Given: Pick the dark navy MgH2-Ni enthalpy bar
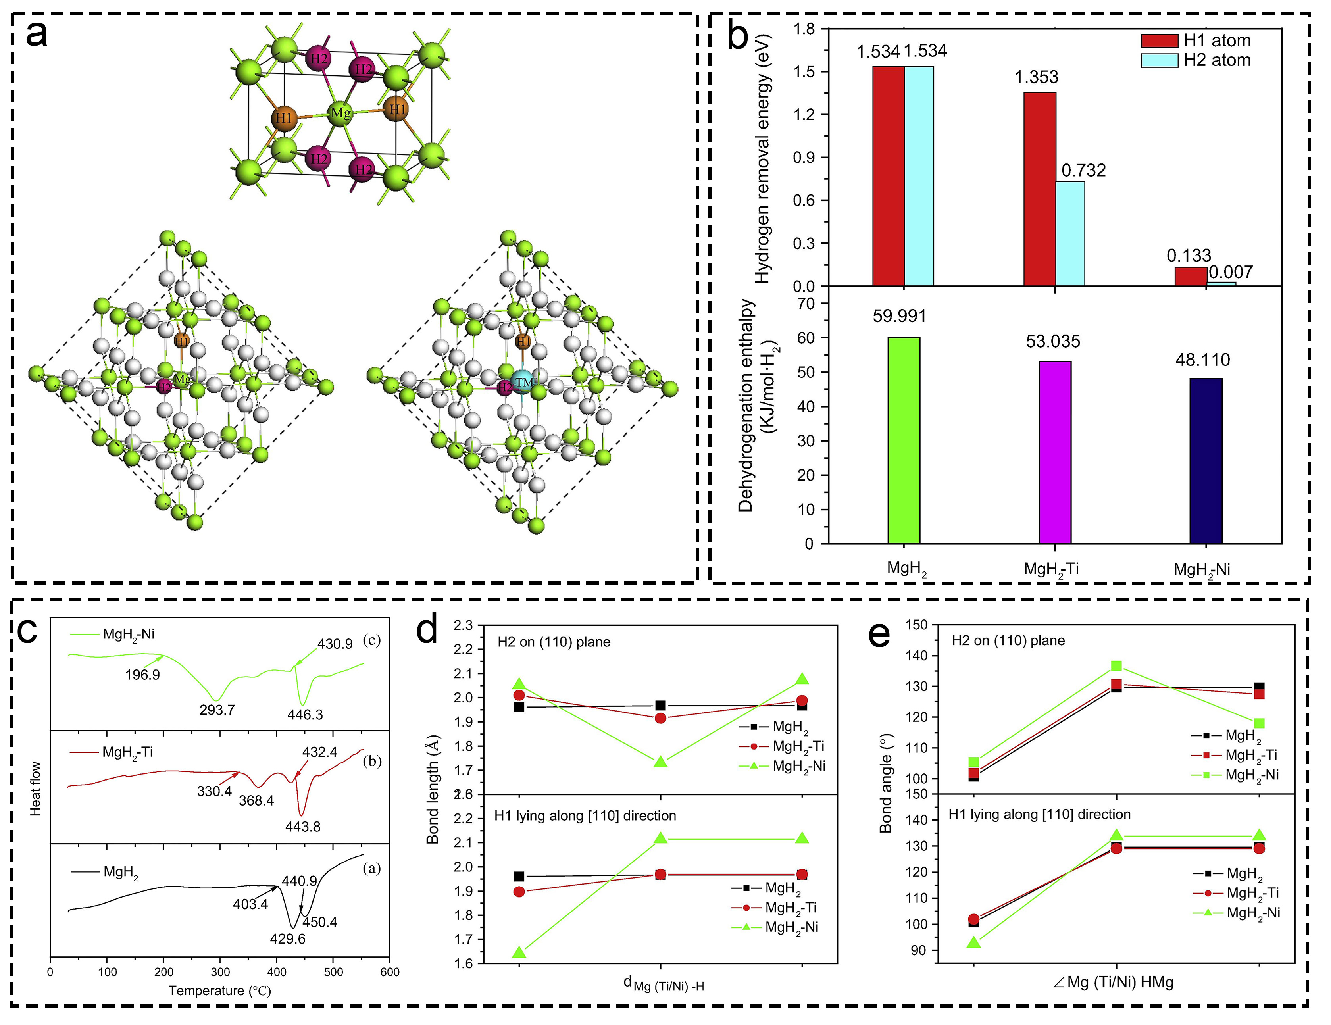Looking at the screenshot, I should click(x=1206, y=460).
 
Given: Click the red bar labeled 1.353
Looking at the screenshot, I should click(x=1040, y=189).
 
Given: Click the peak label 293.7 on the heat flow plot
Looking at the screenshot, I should click(x=217, y=710).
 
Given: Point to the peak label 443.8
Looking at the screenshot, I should click(x=303, y=826).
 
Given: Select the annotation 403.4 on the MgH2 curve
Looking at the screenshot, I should click(x=250, y=904).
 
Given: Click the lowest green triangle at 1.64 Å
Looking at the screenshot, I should click(x=519, y=952).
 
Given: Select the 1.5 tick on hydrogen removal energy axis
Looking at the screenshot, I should click(x=803, y=72).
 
